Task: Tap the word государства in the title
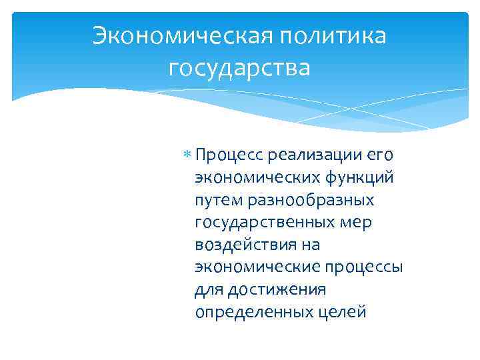[x=240, y=68]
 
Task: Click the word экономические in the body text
[x=257, y=267]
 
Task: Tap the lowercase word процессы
[x=363, y=267]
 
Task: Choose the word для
[x=209, y=289]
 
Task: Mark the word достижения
[x=277, y=289]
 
